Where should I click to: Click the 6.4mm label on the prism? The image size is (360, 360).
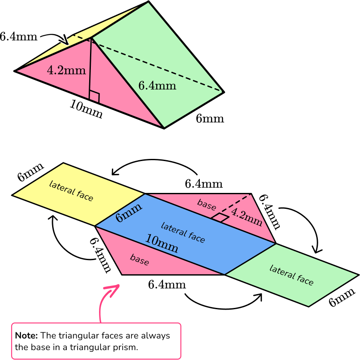point(157,86)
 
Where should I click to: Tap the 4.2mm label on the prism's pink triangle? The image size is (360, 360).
point(66,70)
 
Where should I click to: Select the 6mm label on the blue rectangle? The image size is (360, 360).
point(129,212)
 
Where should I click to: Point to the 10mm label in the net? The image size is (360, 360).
point(161,243)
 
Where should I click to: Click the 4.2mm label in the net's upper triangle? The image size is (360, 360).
point(246,217)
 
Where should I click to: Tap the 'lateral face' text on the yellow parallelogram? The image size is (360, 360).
point(71,191)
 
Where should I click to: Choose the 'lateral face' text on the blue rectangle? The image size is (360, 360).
point(183,232)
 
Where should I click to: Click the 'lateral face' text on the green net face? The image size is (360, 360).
point(291,275)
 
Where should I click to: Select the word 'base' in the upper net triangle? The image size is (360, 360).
point(206,205)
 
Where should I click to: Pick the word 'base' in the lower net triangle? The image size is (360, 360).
point(139,260)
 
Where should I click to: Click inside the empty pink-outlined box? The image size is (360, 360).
point(96,341)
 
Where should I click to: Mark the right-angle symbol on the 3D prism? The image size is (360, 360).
point(94,97)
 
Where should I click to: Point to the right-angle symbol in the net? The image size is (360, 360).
point(220,217)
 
